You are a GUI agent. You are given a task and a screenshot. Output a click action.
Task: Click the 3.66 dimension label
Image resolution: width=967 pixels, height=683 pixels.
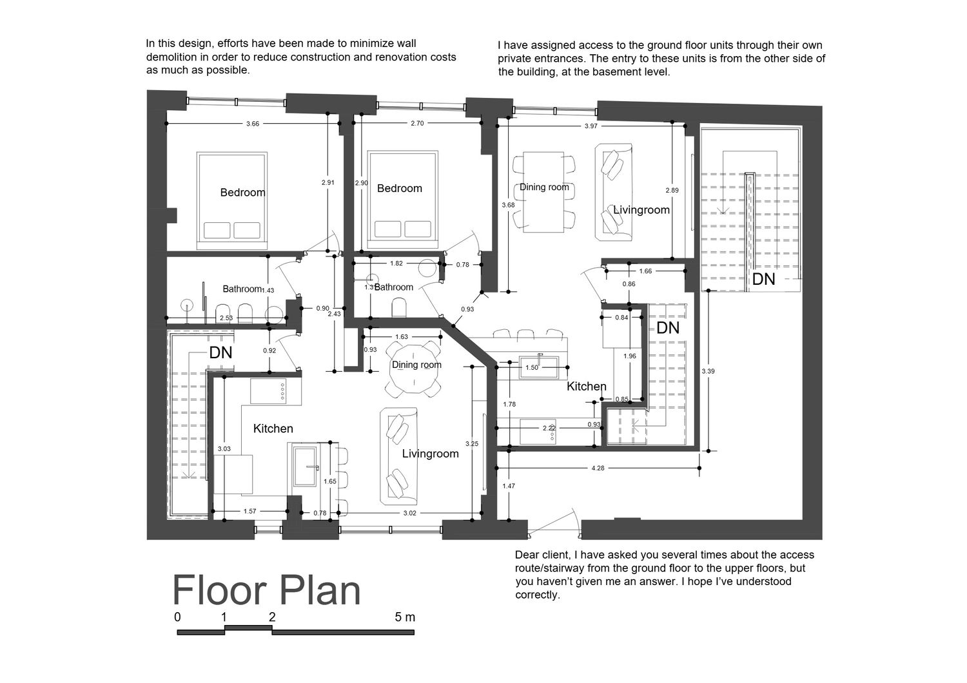(253, 124)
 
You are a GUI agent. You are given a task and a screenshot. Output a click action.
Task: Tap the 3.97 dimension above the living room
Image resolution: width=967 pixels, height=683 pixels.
(591, 126)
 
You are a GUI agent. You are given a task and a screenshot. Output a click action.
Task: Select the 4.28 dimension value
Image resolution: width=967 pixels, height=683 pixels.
(598, 468)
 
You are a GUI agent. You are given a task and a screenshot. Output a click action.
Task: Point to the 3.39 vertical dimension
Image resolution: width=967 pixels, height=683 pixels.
(708, 371)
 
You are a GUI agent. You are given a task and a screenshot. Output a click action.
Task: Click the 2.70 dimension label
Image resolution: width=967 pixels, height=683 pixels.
(417, 124)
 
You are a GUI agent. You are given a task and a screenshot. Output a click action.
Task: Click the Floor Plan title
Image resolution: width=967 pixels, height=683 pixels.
(266, 591)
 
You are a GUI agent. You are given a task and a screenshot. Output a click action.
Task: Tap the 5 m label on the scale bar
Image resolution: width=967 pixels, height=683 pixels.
(405, 617)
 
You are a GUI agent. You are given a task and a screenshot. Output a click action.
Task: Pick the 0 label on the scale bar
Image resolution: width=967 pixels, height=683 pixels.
(177, 617)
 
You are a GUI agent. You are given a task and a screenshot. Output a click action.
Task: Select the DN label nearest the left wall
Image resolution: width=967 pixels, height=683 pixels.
(220, 353)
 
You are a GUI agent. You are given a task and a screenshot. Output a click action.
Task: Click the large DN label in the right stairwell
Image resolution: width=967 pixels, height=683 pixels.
(764, 279)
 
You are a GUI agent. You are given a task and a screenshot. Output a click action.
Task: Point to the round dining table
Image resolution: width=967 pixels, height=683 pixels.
(413, 369)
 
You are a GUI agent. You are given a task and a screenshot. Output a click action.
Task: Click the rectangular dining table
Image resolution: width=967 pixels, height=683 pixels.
(543, 192)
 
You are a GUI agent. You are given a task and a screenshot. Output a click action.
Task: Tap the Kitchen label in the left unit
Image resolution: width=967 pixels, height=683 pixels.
(273, 428)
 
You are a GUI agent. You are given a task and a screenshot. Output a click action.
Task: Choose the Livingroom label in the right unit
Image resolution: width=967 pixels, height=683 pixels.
(641, 210)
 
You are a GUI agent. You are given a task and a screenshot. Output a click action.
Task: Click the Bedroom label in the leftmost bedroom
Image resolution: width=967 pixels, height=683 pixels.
(242, 193)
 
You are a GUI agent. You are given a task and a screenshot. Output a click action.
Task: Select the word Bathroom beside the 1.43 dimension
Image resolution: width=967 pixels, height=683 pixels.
(242, 289)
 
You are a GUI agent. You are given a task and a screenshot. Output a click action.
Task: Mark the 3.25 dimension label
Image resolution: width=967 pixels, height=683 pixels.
(472, 443)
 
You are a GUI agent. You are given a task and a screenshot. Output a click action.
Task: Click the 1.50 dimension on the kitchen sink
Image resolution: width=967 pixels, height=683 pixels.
(532, 368)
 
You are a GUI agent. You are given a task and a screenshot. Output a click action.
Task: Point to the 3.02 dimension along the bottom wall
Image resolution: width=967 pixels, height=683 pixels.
(409, 513)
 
